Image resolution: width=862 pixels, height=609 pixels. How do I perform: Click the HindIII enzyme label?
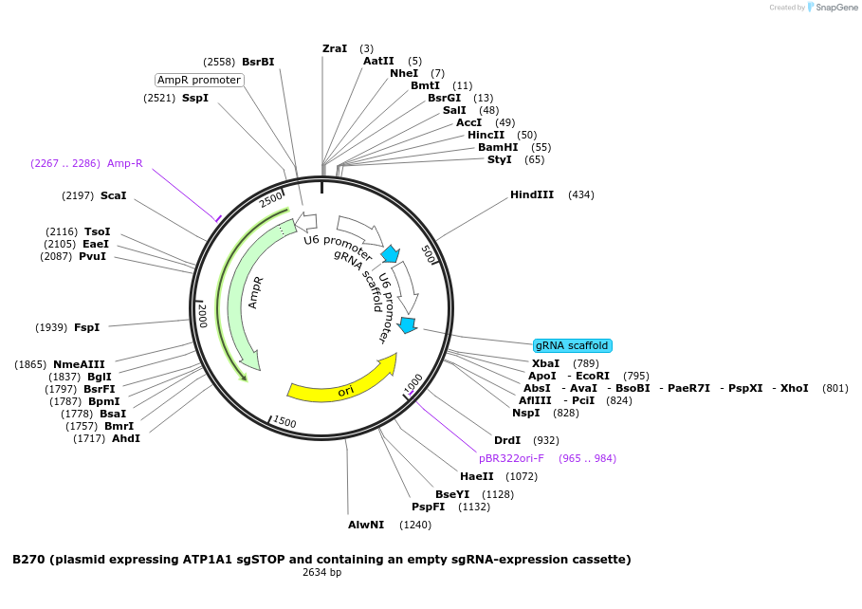pyautogui.click(x=531, y=194)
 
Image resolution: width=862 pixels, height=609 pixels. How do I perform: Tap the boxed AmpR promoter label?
pyautogui.click(x=199, y=80)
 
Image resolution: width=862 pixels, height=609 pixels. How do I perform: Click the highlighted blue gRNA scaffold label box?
pyautogui.click(x=572, y=345)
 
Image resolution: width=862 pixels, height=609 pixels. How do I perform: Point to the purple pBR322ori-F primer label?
pyautogui.click(x=511, y=458)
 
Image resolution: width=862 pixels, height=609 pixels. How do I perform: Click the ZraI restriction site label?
pyautogui.click(x=335, y=48)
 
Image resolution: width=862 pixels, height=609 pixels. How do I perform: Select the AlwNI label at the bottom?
pyautogui.click(x=366, y=525)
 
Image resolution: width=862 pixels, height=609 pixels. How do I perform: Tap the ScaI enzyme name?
pyautogui.click(x=113, y=195)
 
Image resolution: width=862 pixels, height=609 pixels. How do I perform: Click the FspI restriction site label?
pyautogui.click(x=86, y=327)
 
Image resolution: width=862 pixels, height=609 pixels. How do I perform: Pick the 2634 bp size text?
pyautogui.click(x=321, y=572)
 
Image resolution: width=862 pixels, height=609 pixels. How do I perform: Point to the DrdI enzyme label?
pyautogui.click(x=507, y=440)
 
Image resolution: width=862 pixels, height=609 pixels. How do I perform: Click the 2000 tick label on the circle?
pyautogui.click(x=202, y=315)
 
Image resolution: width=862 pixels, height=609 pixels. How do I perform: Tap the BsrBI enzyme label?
pyautogui.click(x=258, y=62)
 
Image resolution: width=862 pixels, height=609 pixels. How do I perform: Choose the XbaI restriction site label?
pyautogui.click(x=545, y=363)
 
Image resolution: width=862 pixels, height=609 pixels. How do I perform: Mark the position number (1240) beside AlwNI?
pyautogui.click(x=415, y=525)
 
